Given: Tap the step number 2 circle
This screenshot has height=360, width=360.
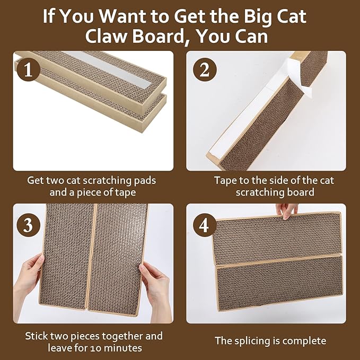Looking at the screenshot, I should [x=204, y=70].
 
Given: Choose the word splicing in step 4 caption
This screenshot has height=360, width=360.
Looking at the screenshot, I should [x=249, y=341].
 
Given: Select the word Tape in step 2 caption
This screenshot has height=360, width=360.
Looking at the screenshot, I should [x=225, y=180].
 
